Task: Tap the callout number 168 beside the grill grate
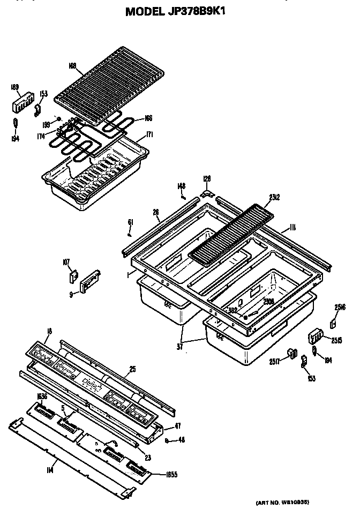pyautogui.click(x=73, y=66)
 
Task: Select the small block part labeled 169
pyautogui.click(x=20, y=102)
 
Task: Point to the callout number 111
pyautogui.click(x=292, y=228)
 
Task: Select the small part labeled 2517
pyautogui.click(x=292, y=353)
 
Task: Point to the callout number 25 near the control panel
pyautogui.click(x=132, y=370)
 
